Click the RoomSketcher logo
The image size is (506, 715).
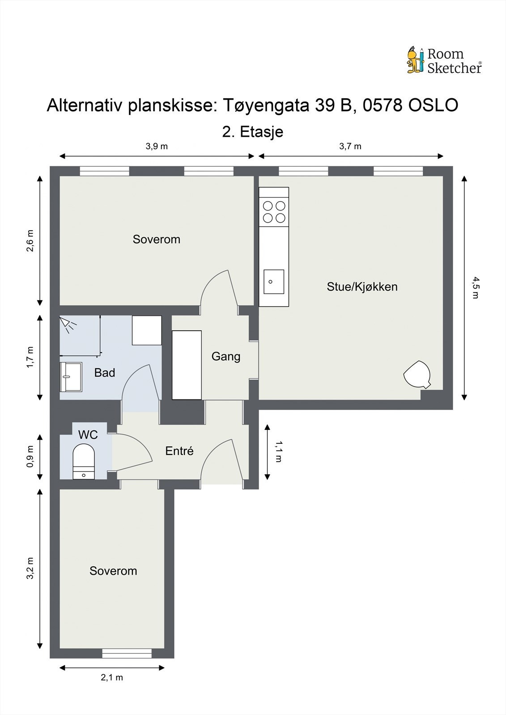click(x=444, y=60)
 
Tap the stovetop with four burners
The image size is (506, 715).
click(x=274, y=212)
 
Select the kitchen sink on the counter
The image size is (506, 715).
click(x=274, y=282)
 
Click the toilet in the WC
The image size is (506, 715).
click(x=84, y=462)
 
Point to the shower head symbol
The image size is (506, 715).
click(x=68, y=324)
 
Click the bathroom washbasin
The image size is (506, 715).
click(x=71, y=377)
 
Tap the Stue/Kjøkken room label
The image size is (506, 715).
click(x=362, y=286)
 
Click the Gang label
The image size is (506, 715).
click(x=226, y=357)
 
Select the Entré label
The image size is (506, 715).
click(x=179, y=451)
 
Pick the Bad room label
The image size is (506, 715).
click(x=105, y=373)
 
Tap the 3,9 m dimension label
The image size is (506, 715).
click(x=157, y=146)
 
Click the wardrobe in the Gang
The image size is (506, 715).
click(x=187, y=365)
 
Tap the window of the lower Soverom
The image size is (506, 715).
click(x=127, y=653)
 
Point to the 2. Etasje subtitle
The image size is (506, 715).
click(x=252, y=132)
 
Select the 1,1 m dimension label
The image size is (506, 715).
click(x=278, y=452)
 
